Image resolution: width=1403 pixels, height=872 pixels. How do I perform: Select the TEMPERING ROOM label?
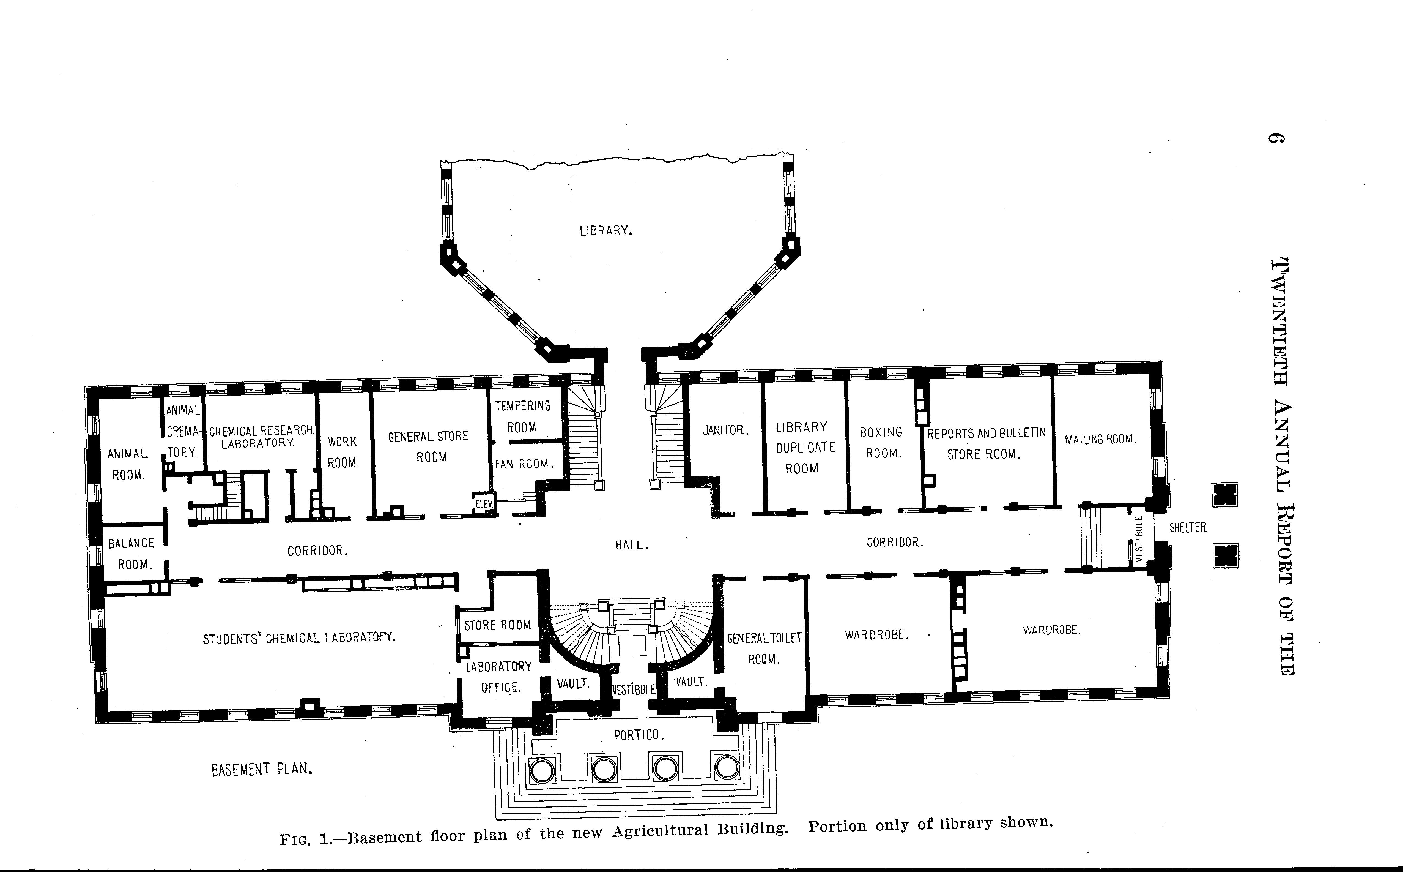pos(522,416)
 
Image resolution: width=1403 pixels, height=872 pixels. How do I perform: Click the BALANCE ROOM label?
pos(132,554)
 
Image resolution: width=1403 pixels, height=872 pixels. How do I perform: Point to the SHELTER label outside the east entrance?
pos(1187,527)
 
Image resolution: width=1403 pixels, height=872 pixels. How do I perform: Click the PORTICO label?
pos(639,735)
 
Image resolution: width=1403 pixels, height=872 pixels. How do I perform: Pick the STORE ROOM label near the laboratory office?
pos(497,625)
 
